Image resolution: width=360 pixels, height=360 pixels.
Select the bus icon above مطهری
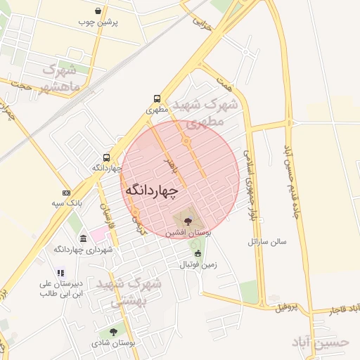tap(157, 99)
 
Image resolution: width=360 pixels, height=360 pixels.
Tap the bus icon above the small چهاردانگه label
tap(106, 157)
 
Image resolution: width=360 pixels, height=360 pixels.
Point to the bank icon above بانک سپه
tap(66, 193)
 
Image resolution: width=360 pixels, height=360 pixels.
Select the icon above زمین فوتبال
tap(198, 254)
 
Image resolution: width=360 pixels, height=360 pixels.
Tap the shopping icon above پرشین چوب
tap(97, 11)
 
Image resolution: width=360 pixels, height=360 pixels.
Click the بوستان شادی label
tap(112, 343)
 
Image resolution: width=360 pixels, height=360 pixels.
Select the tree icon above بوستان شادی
tap(112, 332)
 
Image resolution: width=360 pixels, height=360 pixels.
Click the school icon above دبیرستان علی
tap(60, 273)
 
